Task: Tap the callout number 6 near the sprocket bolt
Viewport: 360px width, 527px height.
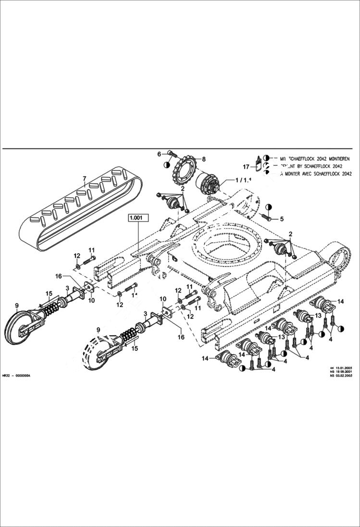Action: pyautogui.click(x=159, y=154)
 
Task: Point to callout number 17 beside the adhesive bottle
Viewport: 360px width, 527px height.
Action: pyautogui.click(x=246, y=167)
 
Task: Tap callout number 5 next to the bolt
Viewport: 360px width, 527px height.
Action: pyautogui.click(x=282, y=219)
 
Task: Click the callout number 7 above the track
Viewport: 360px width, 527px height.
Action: pyautogui.click(x=84, y=180)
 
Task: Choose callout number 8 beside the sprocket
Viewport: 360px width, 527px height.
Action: pyautogui.click(x=203, y=159)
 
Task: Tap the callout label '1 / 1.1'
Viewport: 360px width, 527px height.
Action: pyautogui.click(x=243, y=180)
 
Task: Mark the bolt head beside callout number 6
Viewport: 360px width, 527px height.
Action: pyautogui.click(x=171, y=154)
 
